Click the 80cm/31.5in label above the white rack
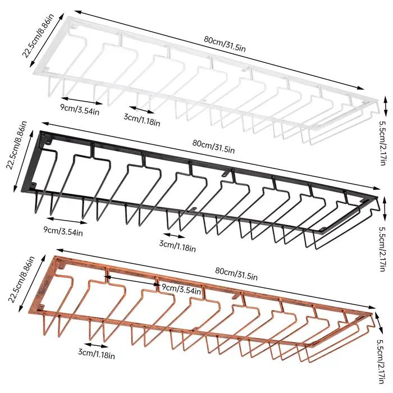225,44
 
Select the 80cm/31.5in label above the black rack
213,146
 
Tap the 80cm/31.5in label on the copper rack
236,273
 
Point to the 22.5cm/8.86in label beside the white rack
38,36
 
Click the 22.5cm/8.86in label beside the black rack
16,145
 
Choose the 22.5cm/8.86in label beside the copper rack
21,280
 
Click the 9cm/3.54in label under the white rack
80,109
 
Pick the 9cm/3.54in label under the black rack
63,231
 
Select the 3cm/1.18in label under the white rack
142,120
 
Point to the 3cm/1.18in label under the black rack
177,246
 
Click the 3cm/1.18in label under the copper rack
97,353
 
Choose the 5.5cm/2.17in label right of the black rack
383,249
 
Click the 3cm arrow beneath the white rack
141,109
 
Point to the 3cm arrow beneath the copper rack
96,345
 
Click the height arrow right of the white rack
386,106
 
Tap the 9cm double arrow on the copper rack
132,281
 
